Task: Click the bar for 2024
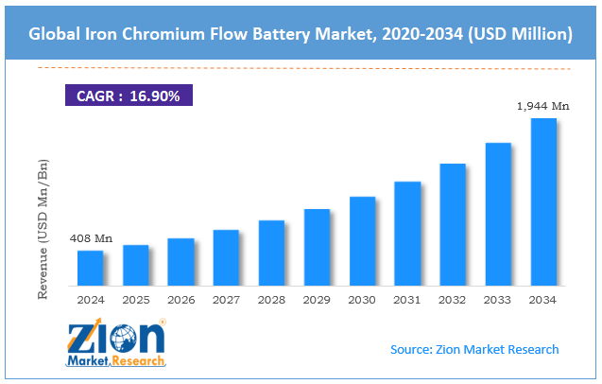coord(90,268)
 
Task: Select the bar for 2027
coord(226,257)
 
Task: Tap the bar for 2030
coord(362,241)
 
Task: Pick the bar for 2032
coord(453,224)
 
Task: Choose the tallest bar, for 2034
coord(543,201)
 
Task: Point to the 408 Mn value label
coord(92,238)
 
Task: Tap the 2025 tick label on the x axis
coord(136,300)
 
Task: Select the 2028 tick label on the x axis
coord(271,300)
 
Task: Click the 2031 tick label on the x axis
coord(407,300)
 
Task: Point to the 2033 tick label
coord(498,300)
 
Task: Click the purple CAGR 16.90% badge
coord(129,96)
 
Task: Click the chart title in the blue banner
coord(301,34)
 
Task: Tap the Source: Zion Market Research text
coord(474,349)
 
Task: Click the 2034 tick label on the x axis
coord(543,300)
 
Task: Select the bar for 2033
coord(498,214)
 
